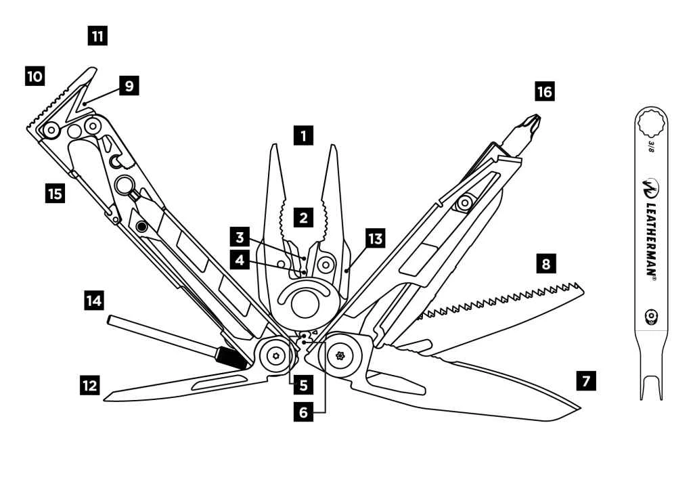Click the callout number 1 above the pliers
coord(304,135)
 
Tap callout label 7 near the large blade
coord(586,380)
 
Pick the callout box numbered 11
coord(98,35)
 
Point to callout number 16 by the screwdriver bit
coord(544,91)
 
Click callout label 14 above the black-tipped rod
coord(95,299)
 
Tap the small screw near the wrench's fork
coord(651,316)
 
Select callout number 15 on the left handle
coord(55,194)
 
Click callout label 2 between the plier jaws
coord(304,217)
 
